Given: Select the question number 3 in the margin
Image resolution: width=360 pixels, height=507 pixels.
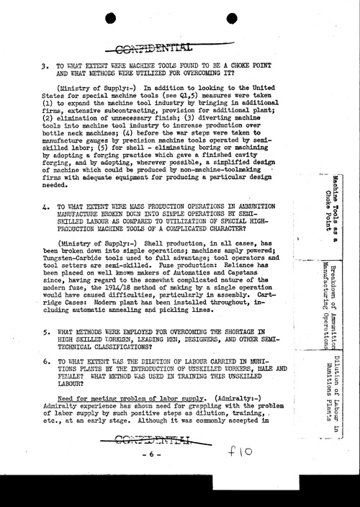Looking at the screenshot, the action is [45, 64].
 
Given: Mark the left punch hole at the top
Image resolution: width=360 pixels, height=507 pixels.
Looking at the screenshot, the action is [122, 19].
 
